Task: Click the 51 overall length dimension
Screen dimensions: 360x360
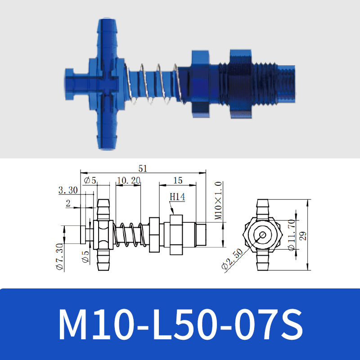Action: tap(143, 169)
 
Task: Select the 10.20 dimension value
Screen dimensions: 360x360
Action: tap(128, 180)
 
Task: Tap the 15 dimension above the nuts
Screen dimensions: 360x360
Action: tap(178, 180)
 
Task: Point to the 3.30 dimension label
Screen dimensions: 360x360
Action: tap(68, 190)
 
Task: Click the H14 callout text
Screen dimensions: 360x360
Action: tap(177, 197)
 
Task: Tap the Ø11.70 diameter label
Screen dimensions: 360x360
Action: tap(291, 234)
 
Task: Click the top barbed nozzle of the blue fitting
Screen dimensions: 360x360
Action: tap(107, 34)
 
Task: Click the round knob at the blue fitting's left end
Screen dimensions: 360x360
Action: tap(72, 85)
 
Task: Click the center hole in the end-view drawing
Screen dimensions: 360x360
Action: tap(262, 235)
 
